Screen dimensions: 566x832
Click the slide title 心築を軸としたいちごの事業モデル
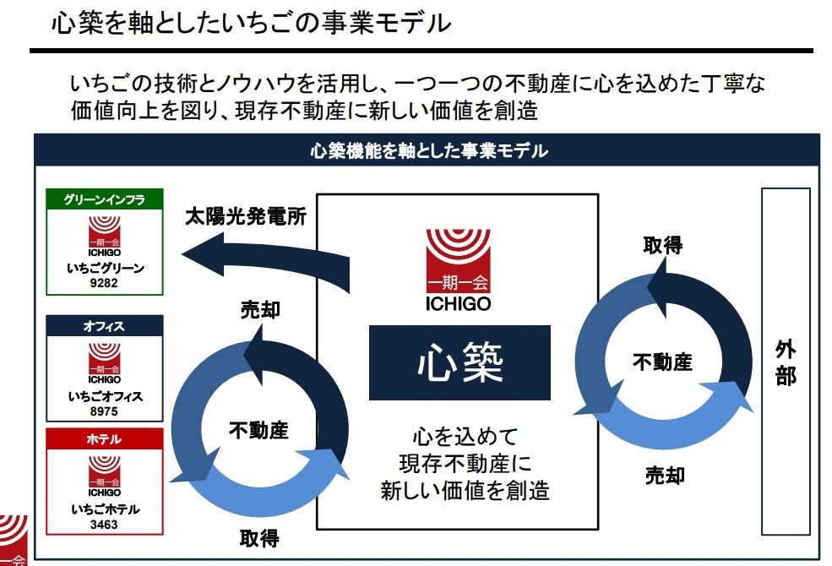pos(252,24)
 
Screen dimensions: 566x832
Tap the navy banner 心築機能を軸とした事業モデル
pos(428,152)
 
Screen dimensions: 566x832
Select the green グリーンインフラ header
pos(104,199)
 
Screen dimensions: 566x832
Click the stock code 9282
pos(104,284)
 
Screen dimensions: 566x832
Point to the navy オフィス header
pos(104,325)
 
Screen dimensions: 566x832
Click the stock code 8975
pos(104,411)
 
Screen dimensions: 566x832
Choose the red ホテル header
pos(104,439)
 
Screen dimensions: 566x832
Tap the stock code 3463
pos(104,525)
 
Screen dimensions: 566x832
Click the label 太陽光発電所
pos(245,216)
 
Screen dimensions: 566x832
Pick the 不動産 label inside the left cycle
pos(258,430)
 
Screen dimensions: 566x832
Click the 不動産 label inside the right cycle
pos(663,362)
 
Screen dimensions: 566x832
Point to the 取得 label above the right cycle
pos(663,245)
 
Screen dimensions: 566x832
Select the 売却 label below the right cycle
pos(665,475)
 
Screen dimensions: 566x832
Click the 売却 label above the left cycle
pos(260,310)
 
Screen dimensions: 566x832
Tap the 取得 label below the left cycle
pos(258,537)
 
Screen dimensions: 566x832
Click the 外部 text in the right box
pos(785,362)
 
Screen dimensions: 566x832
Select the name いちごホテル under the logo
pos(104,509)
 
